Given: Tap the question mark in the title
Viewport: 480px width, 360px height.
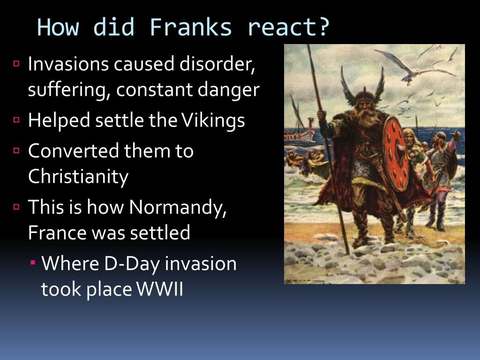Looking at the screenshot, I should tap(323, 28).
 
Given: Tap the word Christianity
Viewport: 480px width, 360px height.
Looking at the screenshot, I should tap(78, 177).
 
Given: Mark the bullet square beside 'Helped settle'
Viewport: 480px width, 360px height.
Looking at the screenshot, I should tap(17, 120).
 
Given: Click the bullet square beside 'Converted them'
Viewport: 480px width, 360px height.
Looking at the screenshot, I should tap(17, 151).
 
